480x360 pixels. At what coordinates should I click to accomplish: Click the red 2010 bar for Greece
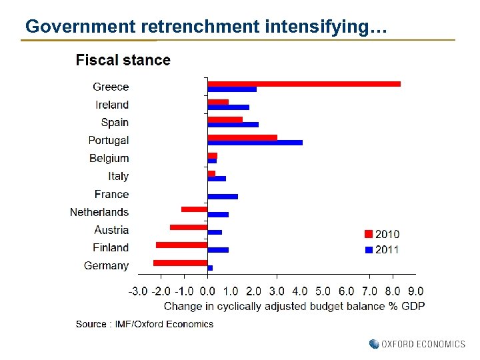[304, 84]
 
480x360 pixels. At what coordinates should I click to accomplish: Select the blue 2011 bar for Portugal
[255, 143]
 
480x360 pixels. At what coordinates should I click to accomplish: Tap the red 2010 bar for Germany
[181, 263]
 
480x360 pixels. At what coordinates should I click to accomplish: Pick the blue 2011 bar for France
[223, 197]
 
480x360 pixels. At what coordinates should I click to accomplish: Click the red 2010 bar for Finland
[182, 245]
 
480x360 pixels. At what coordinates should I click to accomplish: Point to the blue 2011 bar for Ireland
[229, 107]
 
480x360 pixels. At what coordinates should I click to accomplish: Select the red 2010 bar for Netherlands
[195, 209]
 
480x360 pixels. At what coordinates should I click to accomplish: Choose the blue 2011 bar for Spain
[233, 125]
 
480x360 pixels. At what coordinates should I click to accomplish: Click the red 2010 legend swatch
[368, 234]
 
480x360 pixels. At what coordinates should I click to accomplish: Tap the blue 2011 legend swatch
[368, 250]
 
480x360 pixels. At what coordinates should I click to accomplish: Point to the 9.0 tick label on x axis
[415, 291]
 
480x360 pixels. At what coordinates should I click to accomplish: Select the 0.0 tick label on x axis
[207, 291]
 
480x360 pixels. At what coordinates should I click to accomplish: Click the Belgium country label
[109, 159]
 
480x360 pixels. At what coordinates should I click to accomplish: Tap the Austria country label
[111, 230]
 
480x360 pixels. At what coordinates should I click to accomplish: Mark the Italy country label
[118, 177]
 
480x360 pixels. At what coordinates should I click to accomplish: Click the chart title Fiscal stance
[123, 61]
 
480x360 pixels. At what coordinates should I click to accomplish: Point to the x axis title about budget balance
[294, 306]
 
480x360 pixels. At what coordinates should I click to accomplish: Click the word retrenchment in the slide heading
[199, 27]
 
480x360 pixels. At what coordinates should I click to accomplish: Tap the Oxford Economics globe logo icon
[374, 344]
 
